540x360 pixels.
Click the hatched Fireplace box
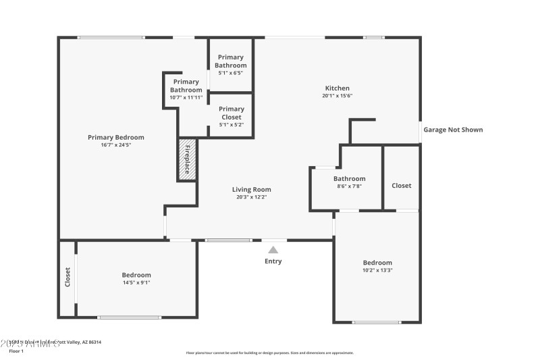(187, 160)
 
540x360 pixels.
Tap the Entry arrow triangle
(273, 250)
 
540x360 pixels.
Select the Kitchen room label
(337, 88)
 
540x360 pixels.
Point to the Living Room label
(252, 190)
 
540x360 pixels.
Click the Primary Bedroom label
(116, 137)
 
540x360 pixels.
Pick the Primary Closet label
(232, 113)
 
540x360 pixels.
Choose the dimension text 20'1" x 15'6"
(337, 96)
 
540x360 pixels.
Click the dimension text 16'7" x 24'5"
(116, 145)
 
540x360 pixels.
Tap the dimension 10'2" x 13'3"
(377, 270)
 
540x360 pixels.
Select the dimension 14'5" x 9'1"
(136, 282)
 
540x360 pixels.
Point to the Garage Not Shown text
(453, 130)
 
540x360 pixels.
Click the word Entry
(273, 261)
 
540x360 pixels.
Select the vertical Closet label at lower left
(67, 277)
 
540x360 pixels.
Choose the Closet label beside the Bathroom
(401, 186)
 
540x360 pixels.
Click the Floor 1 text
(16, 351)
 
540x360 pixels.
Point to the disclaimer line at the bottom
(270, 353)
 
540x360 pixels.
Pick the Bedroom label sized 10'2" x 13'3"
(377, 263)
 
